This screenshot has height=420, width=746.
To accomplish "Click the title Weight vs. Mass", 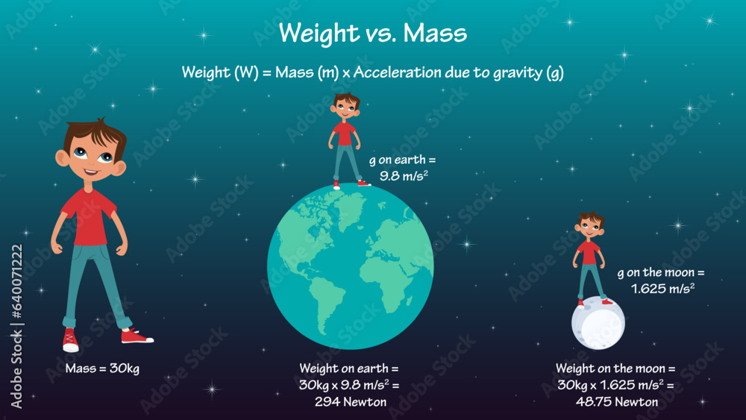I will click(x=372, y=34).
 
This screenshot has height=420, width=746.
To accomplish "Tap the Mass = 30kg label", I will click(x=102, y=369).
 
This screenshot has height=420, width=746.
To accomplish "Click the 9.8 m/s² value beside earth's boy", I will click(x=404, y=176).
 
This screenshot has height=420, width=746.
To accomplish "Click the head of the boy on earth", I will click(x=345, y=108).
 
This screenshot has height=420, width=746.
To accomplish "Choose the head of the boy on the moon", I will click(x=589, y=226).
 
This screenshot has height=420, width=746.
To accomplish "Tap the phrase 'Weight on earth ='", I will click(x=349, y=369).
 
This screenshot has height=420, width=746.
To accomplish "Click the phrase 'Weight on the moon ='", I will click(x=615, y=369).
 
